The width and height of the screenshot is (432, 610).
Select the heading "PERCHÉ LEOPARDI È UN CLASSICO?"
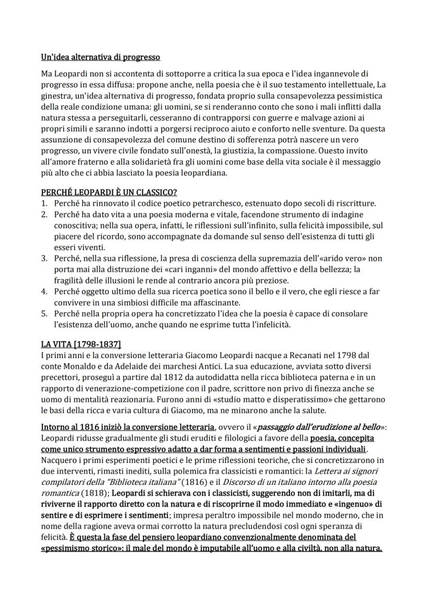109,192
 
